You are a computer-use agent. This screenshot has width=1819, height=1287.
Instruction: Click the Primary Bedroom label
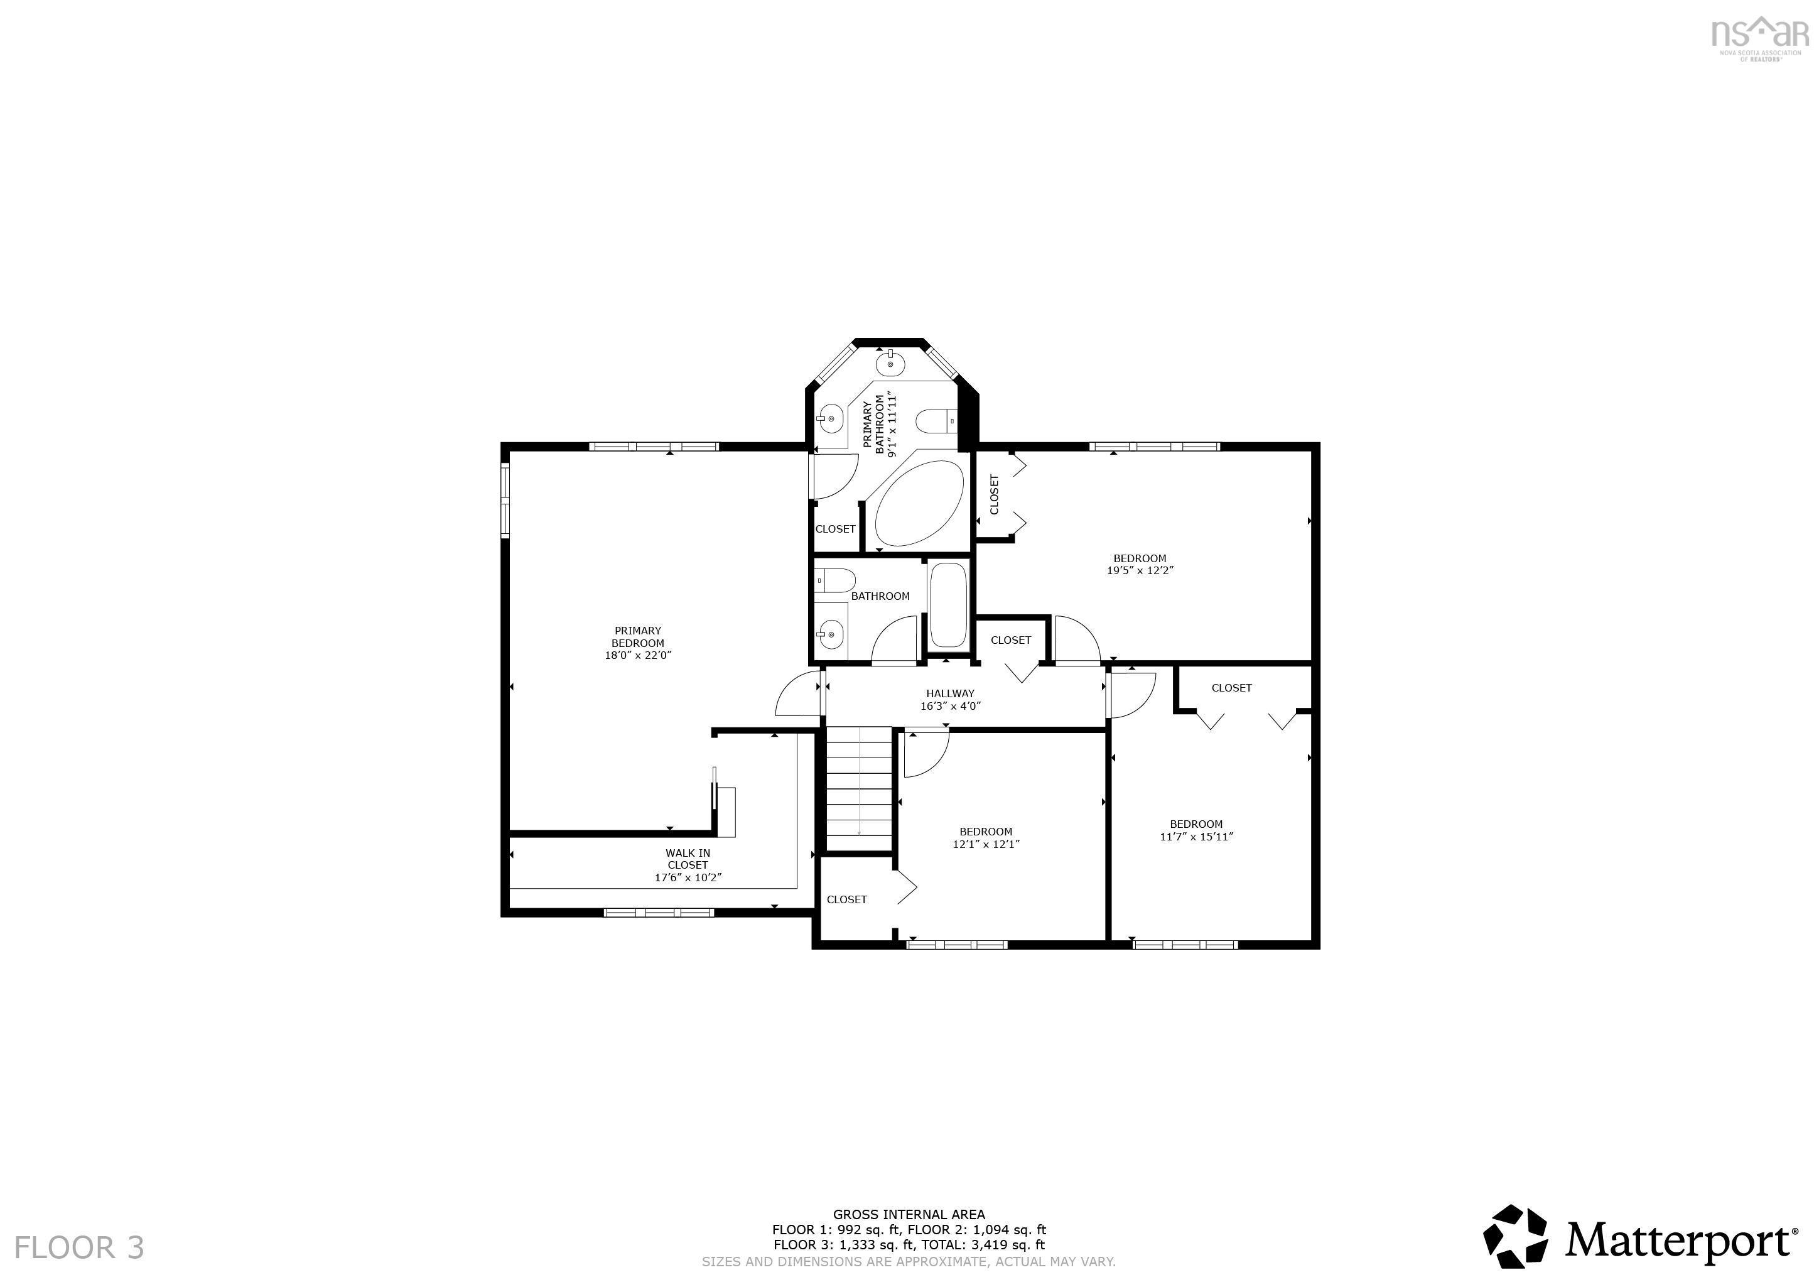[x=638, y=643]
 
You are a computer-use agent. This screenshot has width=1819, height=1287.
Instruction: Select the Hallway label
[x=950, y=693]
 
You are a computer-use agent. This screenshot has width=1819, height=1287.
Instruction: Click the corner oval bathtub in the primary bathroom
[x=919, y=503]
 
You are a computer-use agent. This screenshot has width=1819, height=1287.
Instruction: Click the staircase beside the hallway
[x=860, y=788]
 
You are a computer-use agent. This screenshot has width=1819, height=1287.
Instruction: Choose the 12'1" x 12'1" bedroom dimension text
[x=986, y=844]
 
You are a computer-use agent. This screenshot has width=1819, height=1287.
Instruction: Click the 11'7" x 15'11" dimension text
[x=1196, y=836]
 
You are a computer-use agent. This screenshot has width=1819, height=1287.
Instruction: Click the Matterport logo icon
[x=1514, y=1235]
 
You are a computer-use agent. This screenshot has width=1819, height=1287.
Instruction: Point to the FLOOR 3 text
[x=79, y=1247]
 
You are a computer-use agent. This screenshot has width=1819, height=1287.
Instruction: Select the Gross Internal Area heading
[x=909, y=1214]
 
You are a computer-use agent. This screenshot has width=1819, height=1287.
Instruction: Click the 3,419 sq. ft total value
[x=1008, y=1245]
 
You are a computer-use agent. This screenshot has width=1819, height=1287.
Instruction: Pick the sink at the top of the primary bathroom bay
[x=891, y=362]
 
